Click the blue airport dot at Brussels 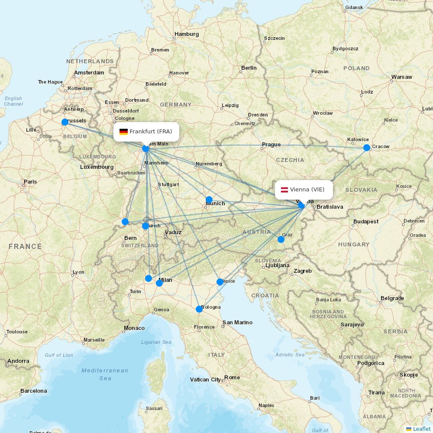65,122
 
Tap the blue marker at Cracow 367,148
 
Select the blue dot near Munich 209,200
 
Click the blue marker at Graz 281,239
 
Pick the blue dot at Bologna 199,309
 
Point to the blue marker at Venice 220,282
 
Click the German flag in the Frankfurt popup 123,132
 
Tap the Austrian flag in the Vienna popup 285,190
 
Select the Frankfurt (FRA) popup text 151,132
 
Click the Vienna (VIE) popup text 307,190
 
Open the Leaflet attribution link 421,429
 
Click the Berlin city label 249,68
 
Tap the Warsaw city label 401,77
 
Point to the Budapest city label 365,222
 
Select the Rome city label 232,378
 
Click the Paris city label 30,182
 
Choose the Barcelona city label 33,391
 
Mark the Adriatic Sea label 290,355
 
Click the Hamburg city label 187,34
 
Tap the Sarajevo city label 352,324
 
